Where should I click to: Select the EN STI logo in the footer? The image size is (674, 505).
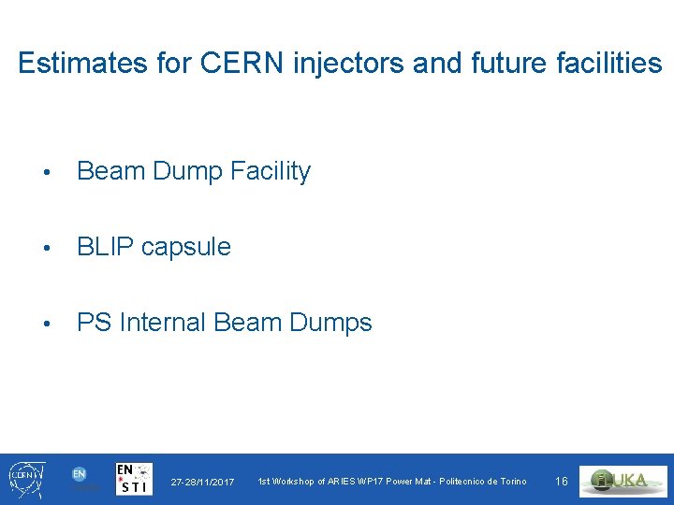pos(134,479)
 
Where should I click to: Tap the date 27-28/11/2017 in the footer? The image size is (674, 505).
pos(202,482)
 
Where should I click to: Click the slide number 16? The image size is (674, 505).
pos(562,482)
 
